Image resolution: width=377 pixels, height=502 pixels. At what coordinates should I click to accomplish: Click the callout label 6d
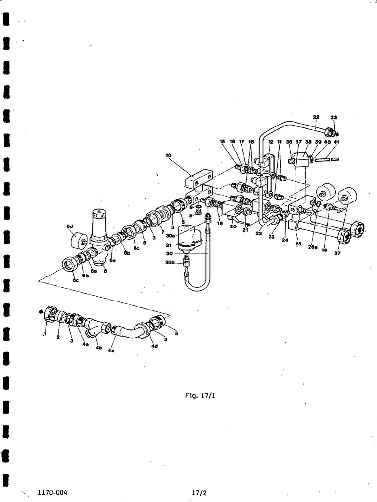coord(69,226)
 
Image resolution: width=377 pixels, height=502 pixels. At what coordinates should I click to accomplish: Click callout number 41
coord(336,142)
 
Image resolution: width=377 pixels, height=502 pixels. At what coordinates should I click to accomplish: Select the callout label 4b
coord(99,348)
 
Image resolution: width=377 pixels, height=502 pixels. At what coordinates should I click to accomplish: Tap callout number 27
coord(337,254)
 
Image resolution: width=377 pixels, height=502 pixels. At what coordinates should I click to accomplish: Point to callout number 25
coord(297,243)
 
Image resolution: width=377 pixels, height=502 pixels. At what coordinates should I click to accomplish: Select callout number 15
coord(223,142)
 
